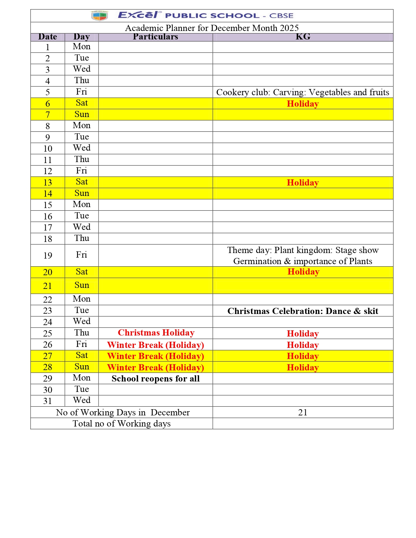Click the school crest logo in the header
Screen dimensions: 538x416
(x=100, y=15)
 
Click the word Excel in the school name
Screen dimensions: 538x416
(x=138, y=15)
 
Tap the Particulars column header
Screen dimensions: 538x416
(x=155, y=37)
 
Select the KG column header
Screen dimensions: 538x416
(x=303, y=37)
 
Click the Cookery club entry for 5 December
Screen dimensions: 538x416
(x=302, y=92)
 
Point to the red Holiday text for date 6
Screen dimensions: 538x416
(x=302, y=104)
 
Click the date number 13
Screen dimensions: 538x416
(x=48, y=183)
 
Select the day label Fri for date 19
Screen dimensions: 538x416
(x=82, y=255)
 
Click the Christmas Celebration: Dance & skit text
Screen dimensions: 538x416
(x=302, y=311)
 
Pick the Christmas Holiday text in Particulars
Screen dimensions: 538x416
(x=156, y=333)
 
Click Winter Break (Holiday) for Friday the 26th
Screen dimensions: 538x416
(x=155, y=345)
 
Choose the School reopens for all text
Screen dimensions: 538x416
(x=155, y=379)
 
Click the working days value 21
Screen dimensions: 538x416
(x=302, y=412)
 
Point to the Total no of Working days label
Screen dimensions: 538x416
(x=121, y=424)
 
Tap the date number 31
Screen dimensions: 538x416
(x=48, y=401)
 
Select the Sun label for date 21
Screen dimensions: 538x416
(x=82, y=285)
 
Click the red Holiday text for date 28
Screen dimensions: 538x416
(x=302, y=367)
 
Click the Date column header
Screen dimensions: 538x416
(x=48, y=37)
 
